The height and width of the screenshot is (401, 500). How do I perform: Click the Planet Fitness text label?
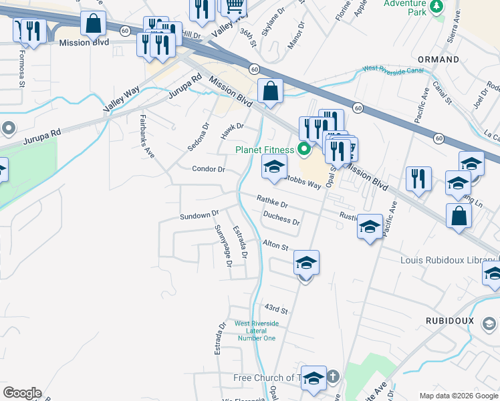[x=265, y=149]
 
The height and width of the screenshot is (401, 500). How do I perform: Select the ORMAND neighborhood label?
[x=439, y=59]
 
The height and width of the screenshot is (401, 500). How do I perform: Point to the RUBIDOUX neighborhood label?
[x=450, y=321]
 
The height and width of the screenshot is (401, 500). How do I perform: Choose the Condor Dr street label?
[x=208, y=169]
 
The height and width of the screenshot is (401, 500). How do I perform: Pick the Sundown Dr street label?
[x=199, y=216]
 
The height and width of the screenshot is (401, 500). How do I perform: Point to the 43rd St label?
[x=275, y=309]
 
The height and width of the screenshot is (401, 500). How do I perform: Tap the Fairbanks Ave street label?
[x=147, y=136]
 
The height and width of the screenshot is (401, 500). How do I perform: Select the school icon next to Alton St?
[x=306, y=263]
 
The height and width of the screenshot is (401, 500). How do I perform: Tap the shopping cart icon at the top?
[x=234, y=7]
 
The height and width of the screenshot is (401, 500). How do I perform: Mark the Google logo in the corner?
[x=22, y=393]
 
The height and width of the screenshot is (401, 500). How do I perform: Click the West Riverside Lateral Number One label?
[x=256, y=331]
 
